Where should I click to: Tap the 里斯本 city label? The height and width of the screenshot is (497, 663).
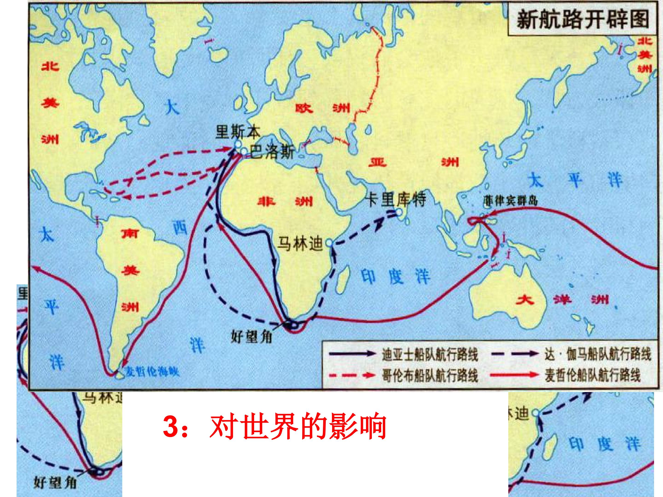(238, 132)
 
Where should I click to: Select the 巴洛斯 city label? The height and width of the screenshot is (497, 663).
(272, 152)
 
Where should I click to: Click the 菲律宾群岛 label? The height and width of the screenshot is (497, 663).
(510, 201)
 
